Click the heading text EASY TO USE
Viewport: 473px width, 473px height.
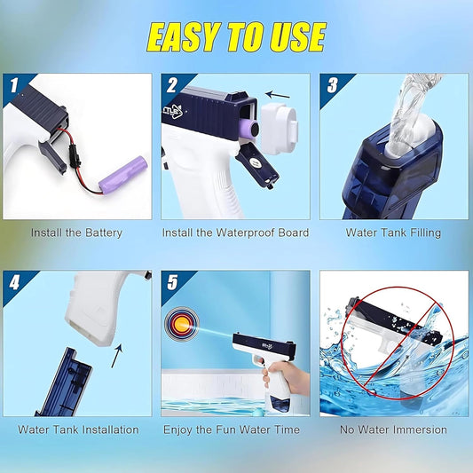point(235,36)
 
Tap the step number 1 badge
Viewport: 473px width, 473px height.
point(14,86)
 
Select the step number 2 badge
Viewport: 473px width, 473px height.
point(172,87)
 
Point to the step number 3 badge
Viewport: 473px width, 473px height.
point(332,87)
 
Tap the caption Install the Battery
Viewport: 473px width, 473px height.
point(76,233)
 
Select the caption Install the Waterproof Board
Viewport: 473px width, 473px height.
point(235,233)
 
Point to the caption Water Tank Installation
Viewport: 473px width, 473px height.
point(78,430)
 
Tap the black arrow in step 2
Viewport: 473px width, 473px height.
point(278,91)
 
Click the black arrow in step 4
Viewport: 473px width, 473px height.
point(116,356)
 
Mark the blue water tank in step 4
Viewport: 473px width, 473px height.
point(67,382)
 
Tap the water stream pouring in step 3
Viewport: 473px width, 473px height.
point(414,97)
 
